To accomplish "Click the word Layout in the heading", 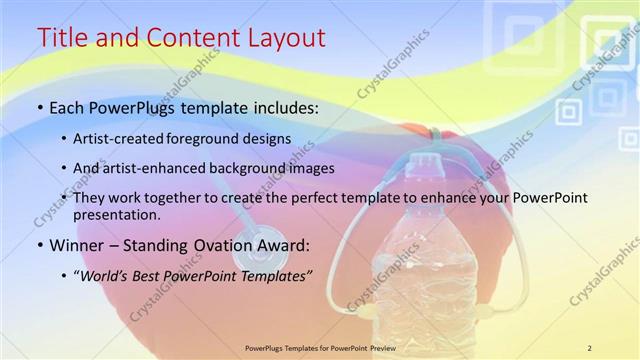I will (284, 38).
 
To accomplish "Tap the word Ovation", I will (215, 243).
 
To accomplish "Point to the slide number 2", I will (589, 347).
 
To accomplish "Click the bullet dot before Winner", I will (40, 244).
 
